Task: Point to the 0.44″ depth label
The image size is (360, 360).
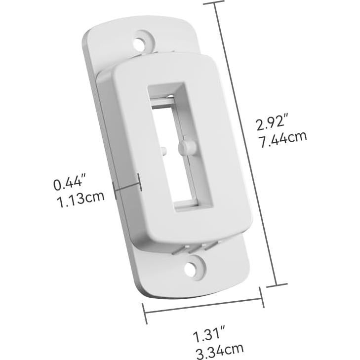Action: [x=70, y=184]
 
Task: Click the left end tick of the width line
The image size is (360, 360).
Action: [x=145, y=314]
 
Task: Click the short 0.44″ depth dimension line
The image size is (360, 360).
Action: [x=128, y=186]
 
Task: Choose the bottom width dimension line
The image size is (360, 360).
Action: [x=203, y=305]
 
